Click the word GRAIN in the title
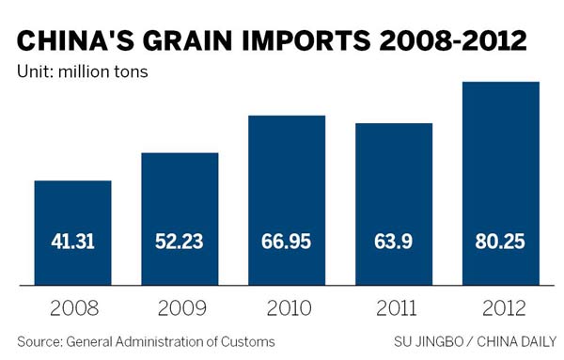[188, 41]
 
